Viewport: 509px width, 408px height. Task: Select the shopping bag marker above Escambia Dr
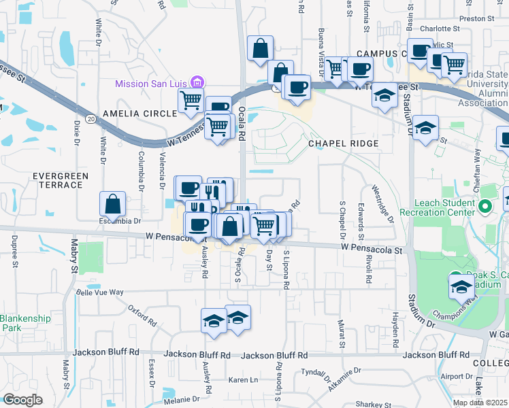tap(112, 203)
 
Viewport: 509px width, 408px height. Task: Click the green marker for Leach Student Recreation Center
tap(485, 206)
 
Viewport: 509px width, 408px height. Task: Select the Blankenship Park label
tap(20, 323)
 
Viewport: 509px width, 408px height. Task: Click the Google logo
tap(22, 400)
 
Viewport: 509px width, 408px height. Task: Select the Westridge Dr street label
tap(382, 203)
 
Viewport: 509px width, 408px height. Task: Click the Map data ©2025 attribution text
tap(480, 403)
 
